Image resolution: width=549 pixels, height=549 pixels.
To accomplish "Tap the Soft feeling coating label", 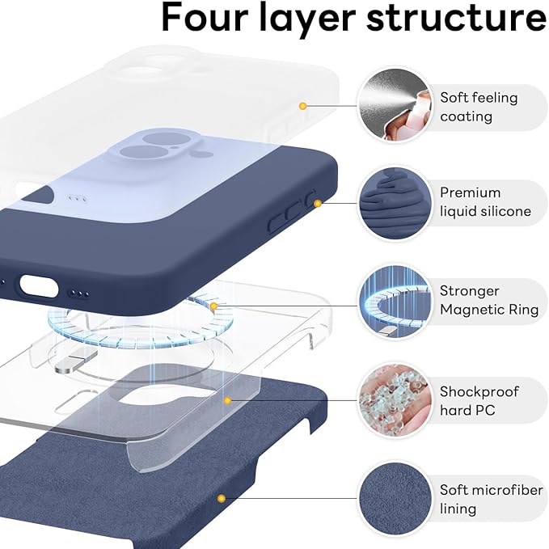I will pos(478,107).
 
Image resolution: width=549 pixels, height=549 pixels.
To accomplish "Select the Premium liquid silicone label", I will pos(485,202).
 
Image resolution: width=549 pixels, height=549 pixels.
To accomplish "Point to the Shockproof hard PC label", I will pos(479,400).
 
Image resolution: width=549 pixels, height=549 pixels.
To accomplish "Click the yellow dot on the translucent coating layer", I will pos(302,106).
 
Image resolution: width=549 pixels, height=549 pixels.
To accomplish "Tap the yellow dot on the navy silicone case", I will pos(318,203).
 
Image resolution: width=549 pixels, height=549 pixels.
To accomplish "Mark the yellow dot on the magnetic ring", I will pos(213,306).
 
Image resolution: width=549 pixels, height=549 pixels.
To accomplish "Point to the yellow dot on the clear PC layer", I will pos(229,400).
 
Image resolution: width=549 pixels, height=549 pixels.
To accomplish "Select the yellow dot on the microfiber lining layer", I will pos(220,499).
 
